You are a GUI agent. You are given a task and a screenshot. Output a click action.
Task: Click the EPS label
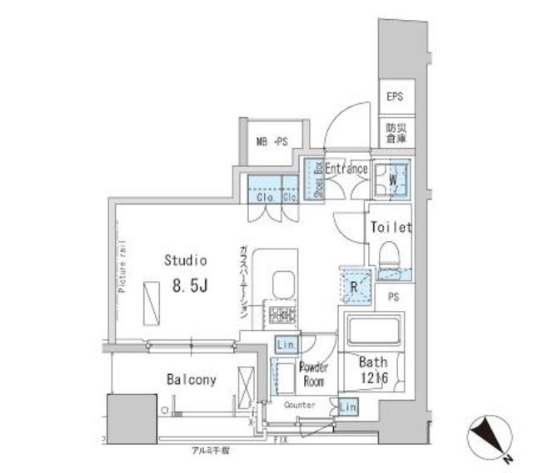coord(394,97)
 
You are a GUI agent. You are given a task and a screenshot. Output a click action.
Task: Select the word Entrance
coord(346,169)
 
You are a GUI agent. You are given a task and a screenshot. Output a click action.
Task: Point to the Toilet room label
coord(391,226)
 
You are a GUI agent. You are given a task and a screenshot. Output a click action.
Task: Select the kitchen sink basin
coord(281,282)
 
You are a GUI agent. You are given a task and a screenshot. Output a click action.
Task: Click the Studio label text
coord(185,260)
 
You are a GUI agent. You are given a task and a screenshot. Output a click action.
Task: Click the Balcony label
coord(191,380)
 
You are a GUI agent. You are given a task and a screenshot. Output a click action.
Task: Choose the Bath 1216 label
coord(374,370)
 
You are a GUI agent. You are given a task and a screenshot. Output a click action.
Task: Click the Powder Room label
coord(314,374)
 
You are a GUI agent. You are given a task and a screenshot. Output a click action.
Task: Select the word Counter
coord(299,405)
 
